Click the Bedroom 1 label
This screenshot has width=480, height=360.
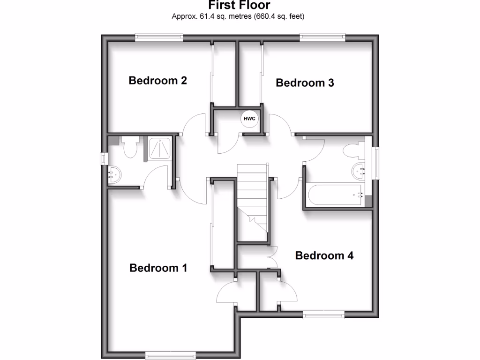click(158, 268)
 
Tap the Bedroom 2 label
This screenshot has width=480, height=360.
click(158, 81)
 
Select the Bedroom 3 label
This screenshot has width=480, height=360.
click(305, 83)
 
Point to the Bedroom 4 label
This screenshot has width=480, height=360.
click(324, 256)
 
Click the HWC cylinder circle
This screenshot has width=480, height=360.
click(249, 119)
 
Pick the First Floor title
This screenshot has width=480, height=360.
click(240, 6)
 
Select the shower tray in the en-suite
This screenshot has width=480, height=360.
click(160, 149)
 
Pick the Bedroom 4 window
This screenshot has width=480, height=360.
click(324, 315)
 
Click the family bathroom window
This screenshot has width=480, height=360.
click(376, 163)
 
